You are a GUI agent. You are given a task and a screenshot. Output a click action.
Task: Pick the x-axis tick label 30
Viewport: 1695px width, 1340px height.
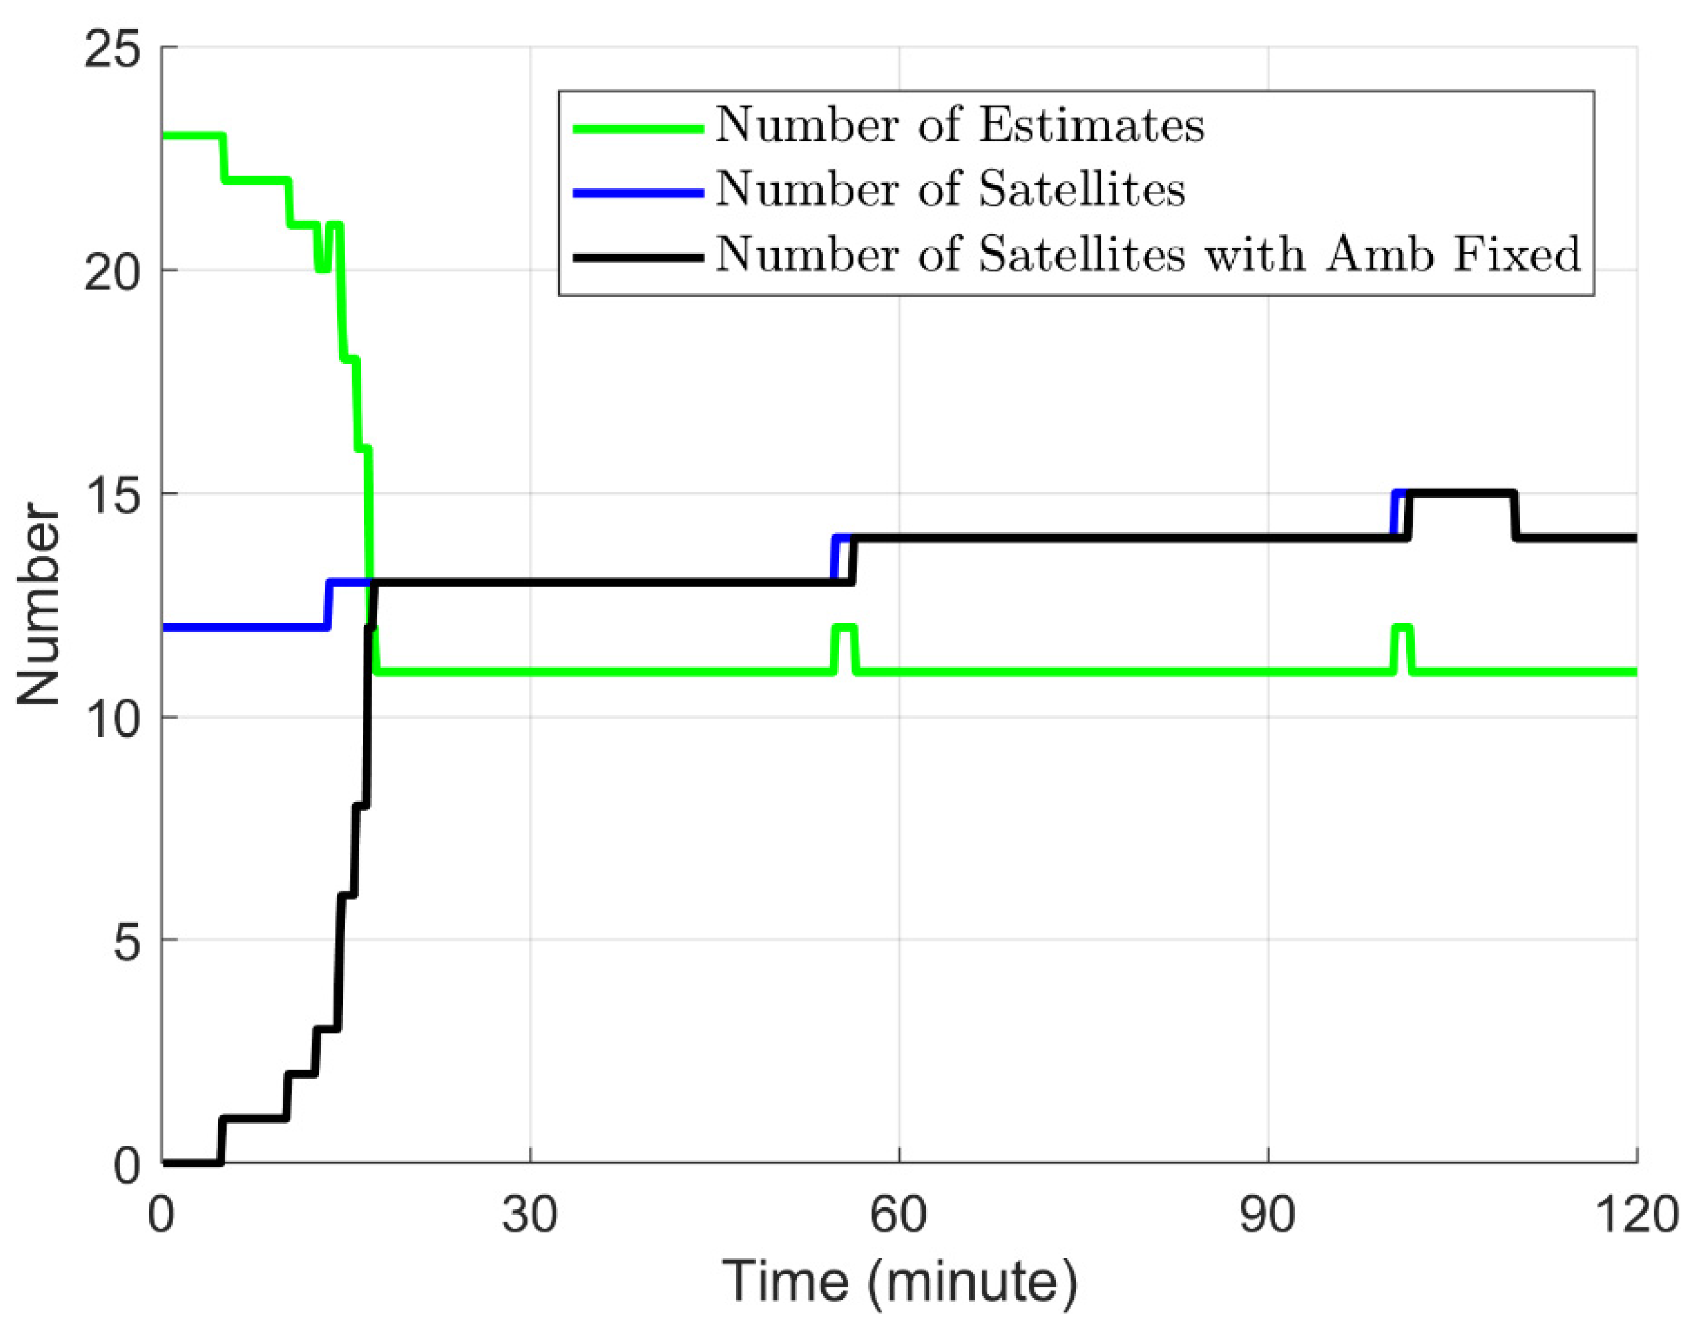point(530,1215)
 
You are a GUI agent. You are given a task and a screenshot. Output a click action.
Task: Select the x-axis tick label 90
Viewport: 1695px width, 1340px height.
point(1267,1215)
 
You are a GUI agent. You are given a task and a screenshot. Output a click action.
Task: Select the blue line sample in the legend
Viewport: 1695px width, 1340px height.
point(637,192)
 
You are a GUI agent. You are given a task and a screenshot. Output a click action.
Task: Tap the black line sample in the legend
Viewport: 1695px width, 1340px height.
point(637,257)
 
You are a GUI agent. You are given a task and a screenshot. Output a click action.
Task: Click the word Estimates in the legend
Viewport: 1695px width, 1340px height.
point(1091,125)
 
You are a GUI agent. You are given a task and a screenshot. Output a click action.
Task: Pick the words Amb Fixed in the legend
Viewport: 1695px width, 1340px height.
point(1453,255)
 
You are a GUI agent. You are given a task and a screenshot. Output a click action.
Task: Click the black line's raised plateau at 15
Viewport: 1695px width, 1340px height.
point(1459,494)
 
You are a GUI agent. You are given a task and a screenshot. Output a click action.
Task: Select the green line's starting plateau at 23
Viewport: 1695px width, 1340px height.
point(193,137)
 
